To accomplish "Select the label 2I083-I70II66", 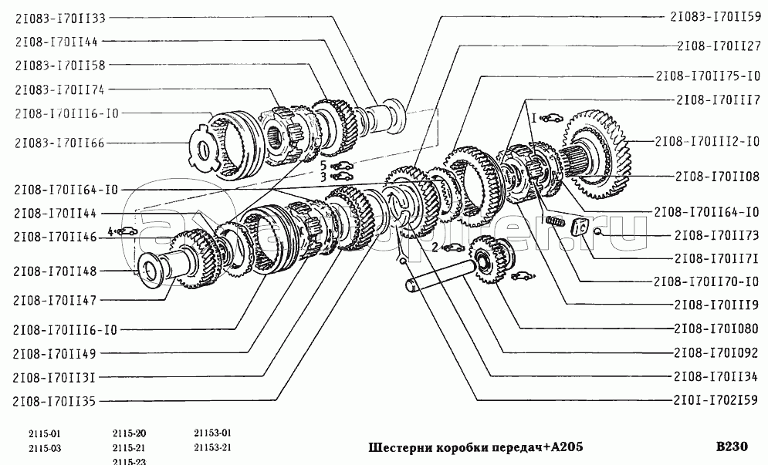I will click(x=59, y=142).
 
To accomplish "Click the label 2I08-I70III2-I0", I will click(x=708, y=141).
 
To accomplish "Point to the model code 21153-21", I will click(x=212, y=447).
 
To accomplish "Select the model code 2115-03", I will click(x=45, y=447).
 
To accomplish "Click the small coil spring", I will click(x=553, y=222).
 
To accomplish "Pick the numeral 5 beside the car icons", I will click(x=324, y=165).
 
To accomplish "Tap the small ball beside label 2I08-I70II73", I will click(x=598, y=233).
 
